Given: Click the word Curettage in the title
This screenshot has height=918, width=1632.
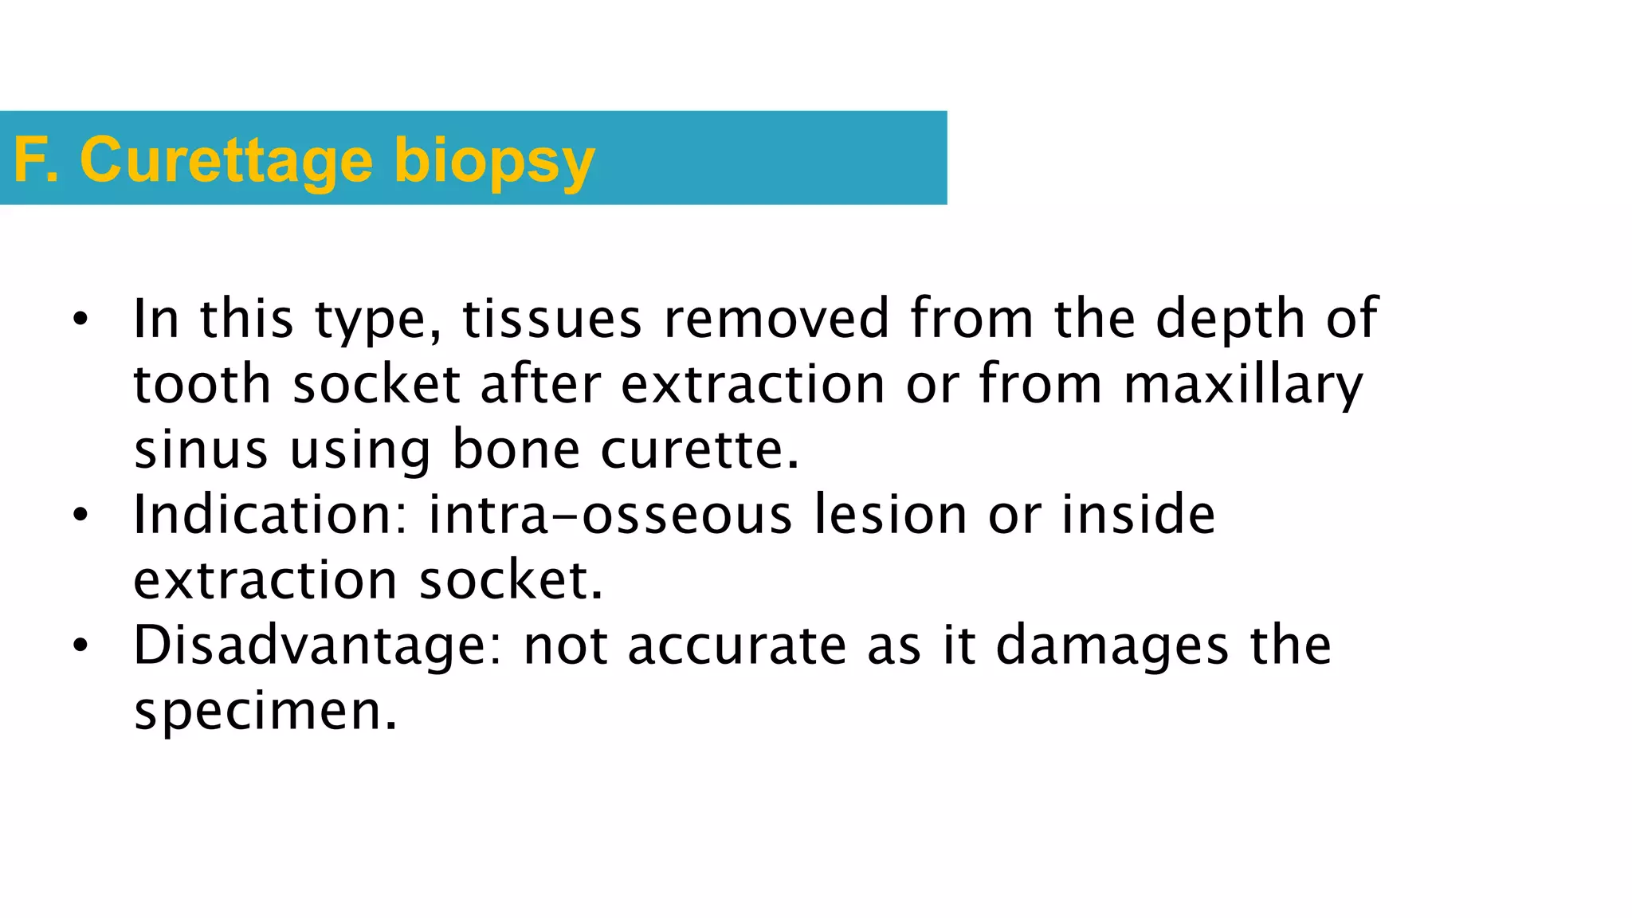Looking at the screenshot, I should [226, 161].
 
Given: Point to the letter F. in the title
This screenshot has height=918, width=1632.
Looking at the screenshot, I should [37, 161].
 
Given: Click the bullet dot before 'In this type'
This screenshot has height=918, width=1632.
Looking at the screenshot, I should [80, 320].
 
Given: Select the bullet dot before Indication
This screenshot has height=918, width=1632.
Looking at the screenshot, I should [80, 516].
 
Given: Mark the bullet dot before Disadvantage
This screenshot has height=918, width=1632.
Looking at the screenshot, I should [80, 646].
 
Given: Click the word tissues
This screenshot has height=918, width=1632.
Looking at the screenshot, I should [552, 319].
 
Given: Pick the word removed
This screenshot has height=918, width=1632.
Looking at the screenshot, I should [776, 319].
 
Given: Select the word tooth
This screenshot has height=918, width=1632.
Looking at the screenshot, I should [202, 384].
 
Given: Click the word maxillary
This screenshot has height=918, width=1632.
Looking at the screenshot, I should [1243, 386].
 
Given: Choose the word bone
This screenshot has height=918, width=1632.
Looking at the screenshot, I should [516, 449].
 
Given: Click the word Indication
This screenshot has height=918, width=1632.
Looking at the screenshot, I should [270, 515].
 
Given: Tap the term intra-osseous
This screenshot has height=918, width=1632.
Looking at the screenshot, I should [610, 515].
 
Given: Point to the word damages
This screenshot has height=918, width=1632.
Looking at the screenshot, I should [1112, 647].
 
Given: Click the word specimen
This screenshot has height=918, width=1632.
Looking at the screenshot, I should [265, 711].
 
